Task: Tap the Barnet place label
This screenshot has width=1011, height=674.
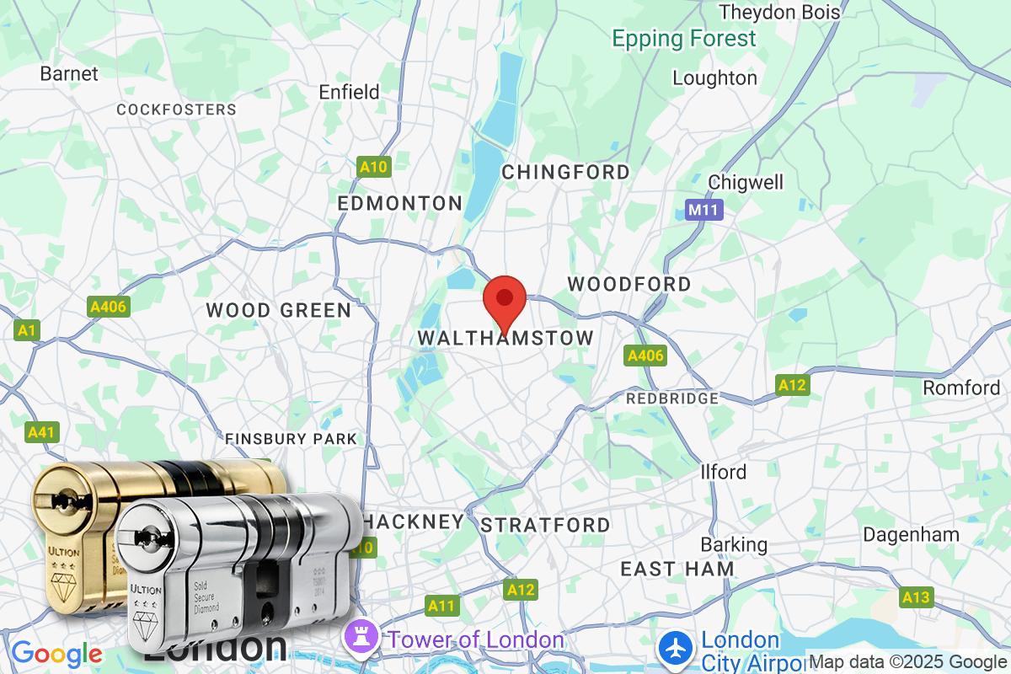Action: tap(69, 73)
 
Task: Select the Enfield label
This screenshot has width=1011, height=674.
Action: tap(349, 92)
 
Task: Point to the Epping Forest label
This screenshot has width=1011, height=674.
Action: tap(684, 39)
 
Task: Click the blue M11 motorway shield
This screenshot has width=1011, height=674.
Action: tap(703, 210)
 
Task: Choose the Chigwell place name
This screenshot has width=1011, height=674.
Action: tap(746, 182)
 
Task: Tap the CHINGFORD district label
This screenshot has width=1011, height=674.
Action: tap(565, 172)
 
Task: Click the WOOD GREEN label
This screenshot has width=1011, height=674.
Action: tap(279, 310)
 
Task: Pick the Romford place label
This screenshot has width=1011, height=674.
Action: tap(961, 388)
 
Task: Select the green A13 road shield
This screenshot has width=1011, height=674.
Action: tap(916, 597)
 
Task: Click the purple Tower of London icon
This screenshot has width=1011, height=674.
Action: tap(364, 639)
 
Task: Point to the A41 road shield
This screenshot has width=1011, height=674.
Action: tap(41, 432)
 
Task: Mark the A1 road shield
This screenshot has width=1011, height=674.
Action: tap(28, 330)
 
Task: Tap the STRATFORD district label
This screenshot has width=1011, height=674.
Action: tap(545, 525)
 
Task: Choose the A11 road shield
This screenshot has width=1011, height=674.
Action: tap(441, 605)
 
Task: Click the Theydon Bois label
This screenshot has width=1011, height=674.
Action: tap(779, 12)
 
